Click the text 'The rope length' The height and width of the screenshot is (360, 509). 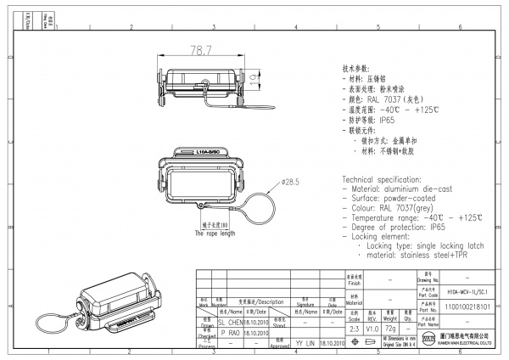click(215, 233)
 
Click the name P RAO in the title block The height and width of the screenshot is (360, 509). click(230, 335)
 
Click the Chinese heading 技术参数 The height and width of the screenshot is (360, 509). click(356, 67)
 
